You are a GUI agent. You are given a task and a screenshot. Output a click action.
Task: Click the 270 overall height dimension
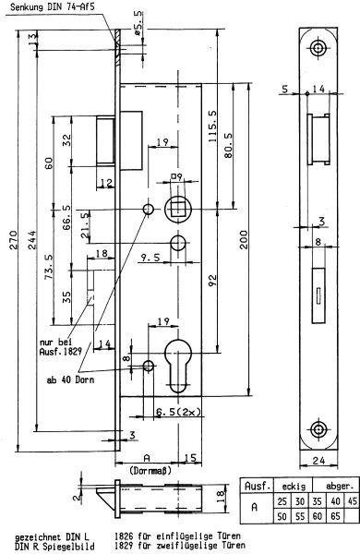pyautogui.click(x=14, y=240)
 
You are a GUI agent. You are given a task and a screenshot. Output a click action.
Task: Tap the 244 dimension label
pyautogui.click(x=32, y=240)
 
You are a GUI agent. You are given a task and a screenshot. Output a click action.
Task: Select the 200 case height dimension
pyautogui.click(x=244, y=240)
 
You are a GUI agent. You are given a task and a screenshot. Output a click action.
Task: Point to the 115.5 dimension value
pyautogui.click(x=213, y=126)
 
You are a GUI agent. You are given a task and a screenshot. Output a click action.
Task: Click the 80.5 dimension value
pyautogui.click(x=229, y=145)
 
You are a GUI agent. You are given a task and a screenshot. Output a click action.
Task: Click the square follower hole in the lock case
pyautogui.click(x=178, y=210)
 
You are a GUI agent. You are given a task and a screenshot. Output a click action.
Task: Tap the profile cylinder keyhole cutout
pyautogui.click(x=178, y=366)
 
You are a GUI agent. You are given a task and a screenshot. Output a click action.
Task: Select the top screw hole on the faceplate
pyautogui.click(x=318, y=48)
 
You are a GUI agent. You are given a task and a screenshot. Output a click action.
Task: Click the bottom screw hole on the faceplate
pyautogui.click(x=318, y=429)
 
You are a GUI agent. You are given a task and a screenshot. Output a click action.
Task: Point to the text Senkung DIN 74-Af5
pyautogui.click(x=53, y=6)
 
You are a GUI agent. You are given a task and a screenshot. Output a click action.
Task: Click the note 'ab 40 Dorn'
pyautogui.click(x=70, y=380)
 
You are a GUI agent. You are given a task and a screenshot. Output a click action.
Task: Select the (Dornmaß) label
pyautogui.click(x=148, y=471)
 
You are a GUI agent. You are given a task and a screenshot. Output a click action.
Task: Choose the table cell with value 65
pyautogui.click(x=335, y=516)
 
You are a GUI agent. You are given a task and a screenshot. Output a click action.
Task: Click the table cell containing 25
pyautogui.click(x=282, y=501)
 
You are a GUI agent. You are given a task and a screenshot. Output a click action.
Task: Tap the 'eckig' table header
pyautogui.click(x=294, y=487)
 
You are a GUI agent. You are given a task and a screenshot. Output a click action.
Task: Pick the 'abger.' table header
pyautogui.click(x=340, y=487)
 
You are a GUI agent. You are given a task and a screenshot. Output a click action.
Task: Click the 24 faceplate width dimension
pyautogui.click(x=319, y=461)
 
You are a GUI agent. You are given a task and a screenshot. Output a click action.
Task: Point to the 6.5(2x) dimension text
pyautogui.click(x=178, y=411)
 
